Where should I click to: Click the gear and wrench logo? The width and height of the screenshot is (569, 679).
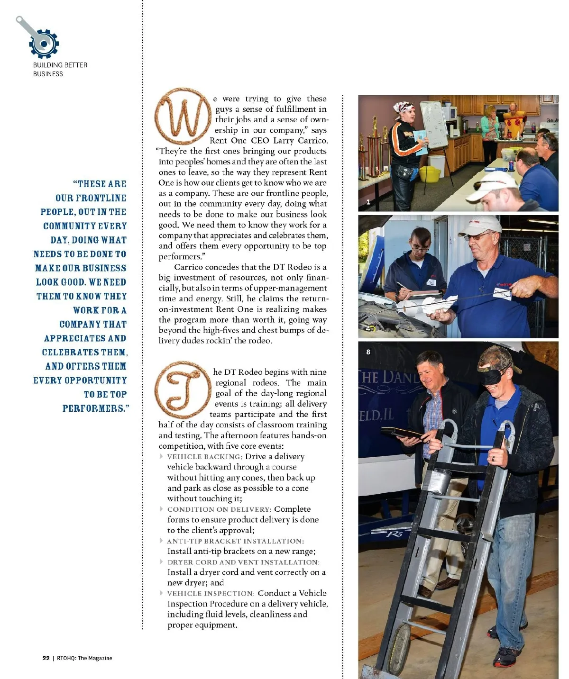point(40,39)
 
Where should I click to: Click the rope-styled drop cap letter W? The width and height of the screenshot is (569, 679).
point(183,116)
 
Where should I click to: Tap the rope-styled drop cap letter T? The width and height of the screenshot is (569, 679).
point(183,389)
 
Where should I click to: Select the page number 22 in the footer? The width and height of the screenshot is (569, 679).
point(46,658)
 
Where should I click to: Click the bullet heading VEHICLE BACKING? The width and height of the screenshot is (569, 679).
point(204,457)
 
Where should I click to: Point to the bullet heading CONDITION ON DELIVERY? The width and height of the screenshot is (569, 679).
point(219,509)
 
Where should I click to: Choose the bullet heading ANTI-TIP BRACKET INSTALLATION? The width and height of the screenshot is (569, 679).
point(235,541)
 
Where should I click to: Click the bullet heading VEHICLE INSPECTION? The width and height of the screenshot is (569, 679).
point(211,594)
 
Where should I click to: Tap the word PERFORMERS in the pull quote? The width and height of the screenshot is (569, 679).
point(93,408)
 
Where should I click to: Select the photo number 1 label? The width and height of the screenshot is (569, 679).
point(368,202)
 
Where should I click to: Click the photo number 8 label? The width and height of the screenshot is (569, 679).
point(368,352)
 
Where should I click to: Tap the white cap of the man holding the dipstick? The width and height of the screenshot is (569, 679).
point(479,226)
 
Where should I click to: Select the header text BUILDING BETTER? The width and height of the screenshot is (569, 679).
point(60,65)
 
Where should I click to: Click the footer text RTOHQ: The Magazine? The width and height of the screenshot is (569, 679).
point(84,658)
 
